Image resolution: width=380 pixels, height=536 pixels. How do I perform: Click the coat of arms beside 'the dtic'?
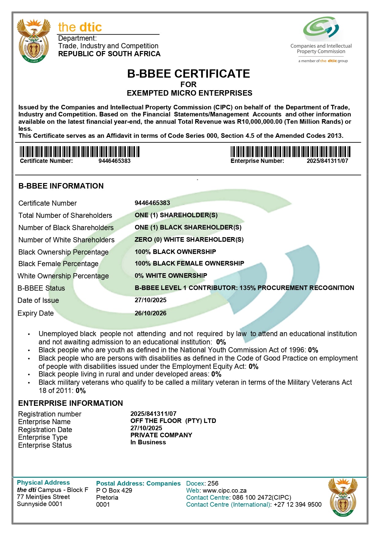point(33,40)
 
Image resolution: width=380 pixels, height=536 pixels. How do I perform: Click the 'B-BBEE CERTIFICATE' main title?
point(188,74)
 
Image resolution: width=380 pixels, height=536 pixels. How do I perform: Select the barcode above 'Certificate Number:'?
point(80,152)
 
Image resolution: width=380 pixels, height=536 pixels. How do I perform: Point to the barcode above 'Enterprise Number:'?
point(290,152)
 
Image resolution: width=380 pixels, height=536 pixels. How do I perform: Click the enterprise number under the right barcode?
point(327,161)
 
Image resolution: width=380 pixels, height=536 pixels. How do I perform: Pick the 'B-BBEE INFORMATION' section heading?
point(61,186)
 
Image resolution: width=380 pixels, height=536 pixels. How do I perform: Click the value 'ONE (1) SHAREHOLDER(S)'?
point(176,215)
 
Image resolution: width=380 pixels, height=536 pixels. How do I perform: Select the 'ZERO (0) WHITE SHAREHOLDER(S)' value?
point(189,240)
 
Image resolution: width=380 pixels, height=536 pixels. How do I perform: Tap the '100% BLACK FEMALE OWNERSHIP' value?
point(189,263)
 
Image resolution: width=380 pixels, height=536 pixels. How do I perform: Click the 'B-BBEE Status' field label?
point(41,288)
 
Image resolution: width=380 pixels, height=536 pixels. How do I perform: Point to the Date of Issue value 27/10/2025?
point(150,300)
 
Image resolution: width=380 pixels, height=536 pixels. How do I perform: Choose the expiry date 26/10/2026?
point(150,313)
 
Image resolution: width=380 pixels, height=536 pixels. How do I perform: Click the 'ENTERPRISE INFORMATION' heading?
point(70,403)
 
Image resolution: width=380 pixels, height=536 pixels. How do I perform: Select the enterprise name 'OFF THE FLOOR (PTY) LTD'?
point(173,421)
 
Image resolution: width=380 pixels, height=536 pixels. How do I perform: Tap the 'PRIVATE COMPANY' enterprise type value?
point(161,435)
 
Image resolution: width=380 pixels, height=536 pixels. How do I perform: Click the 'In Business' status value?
point(148,442)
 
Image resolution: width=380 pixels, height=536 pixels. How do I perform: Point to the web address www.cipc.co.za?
point(224,490)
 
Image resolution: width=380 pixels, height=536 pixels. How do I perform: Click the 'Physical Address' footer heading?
point(43,483)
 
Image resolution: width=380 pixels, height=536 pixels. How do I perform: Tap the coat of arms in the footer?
point(343,497)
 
